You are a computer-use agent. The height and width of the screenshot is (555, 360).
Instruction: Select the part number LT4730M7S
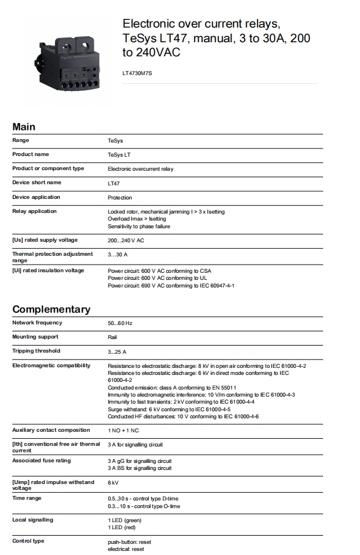(x=137, y=73)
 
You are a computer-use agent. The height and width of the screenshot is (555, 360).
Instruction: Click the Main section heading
(x=24, y=127)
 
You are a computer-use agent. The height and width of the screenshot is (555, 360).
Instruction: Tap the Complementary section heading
(x=52, y=309)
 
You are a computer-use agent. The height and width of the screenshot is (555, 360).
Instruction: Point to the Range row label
(x=21, y=140)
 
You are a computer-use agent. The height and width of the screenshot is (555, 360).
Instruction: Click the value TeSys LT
(x=120, y=155)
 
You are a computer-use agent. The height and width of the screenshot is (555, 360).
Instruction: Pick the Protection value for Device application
(x=120, y=198)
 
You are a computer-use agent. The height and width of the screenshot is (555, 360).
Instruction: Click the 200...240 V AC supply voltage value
(x=126, y=240)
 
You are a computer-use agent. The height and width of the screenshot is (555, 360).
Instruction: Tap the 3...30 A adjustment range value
(x=118, y=255)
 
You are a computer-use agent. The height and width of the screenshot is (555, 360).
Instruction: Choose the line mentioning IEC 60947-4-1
(x=171, y=286)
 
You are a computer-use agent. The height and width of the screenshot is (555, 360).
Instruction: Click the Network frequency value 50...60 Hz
(x=120, y=323)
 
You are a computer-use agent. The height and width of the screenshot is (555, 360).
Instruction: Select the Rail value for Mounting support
(x=113, y=337)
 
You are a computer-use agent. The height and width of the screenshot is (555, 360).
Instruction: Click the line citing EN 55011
(x=172, y=387)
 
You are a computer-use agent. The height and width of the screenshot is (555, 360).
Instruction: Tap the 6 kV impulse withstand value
(x=113, y=482)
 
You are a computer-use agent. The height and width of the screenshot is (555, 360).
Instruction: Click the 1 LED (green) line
(x=125, y=520)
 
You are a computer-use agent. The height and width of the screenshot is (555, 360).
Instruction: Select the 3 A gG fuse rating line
(x=140, y=461)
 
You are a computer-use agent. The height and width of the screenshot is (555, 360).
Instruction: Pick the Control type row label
(x=28, y=541)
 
